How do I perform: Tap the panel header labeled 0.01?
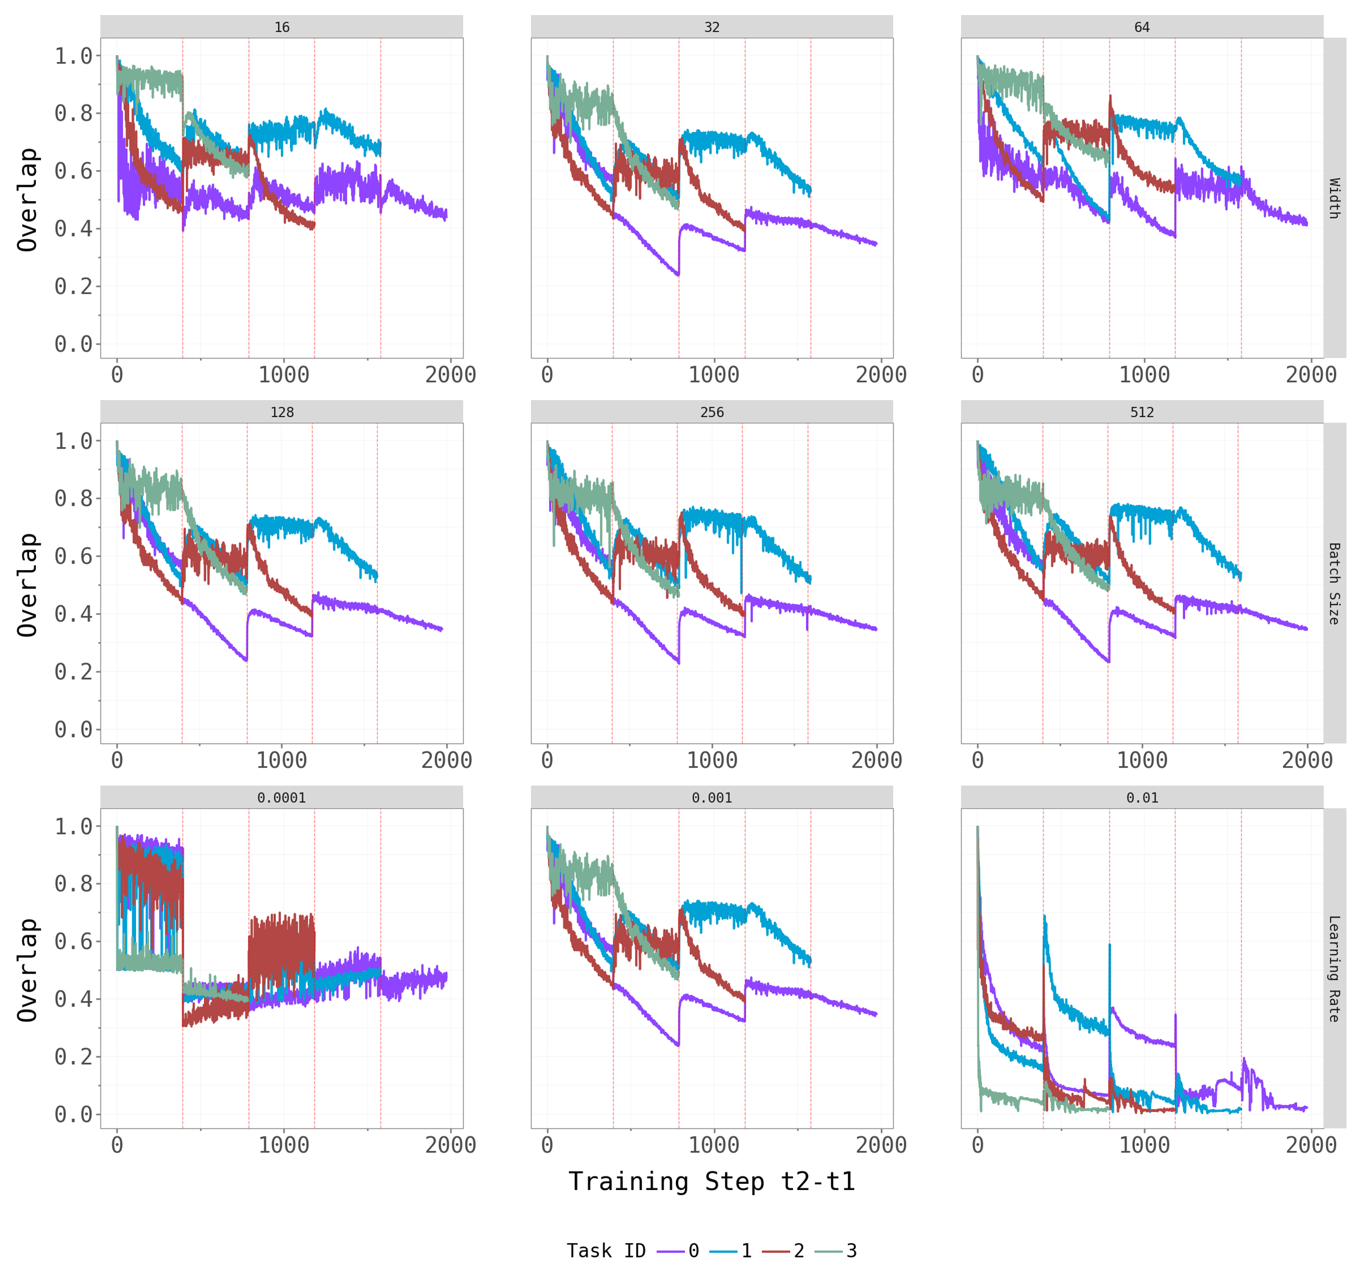(x=1142, y=798)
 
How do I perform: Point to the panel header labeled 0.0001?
(x=282, y=798)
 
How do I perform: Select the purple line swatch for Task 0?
(x=671, y=1252)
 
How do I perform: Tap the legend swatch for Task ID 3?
(x=828, y=1252)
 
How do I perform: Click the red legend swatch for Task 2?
(x=776, y=1252)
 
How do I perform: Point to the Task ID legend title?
(x=606, y=1251)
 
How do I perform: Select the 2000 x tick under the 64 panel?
(x=1311, y=375)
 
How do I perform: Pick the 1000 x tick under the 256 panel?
(x=712, y=760)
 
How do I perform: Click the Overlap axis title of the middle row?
(x=28, y=585)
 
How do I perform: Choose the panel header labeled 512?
(x=1142, y=413)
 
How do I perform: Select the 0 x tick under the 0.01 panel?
(x=978, y=1145)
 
